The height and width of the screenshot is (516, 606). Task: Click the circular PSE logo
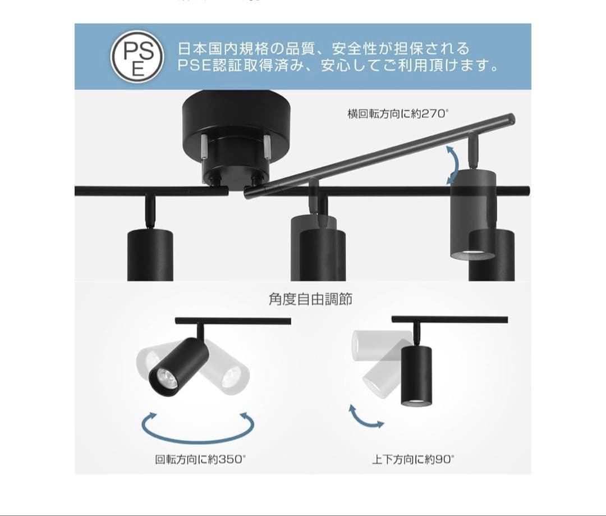(x=137, y=57)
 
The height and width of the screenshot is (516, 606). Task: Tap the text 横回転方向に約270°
(x=398, y=114)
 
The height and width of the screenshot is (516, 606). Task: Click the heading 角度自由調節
(x=310, y=299)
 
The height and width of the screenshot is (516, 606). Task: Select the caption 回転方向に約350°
(x=200, y=459)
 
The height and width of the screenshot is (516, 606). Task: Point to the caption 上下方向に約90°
(x=414, y=459)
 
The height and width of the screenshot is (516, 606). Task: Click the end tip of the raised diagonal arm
(x=511, y=118)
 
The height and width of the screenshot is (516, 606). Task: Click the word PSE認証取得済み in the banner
(x=236, y=66)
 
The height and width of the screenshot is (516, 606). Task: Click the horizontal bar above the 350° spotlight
(x=233, y=321)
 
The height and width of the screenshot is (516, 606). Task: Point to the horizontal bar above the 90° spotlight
(x=449, y=319)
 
